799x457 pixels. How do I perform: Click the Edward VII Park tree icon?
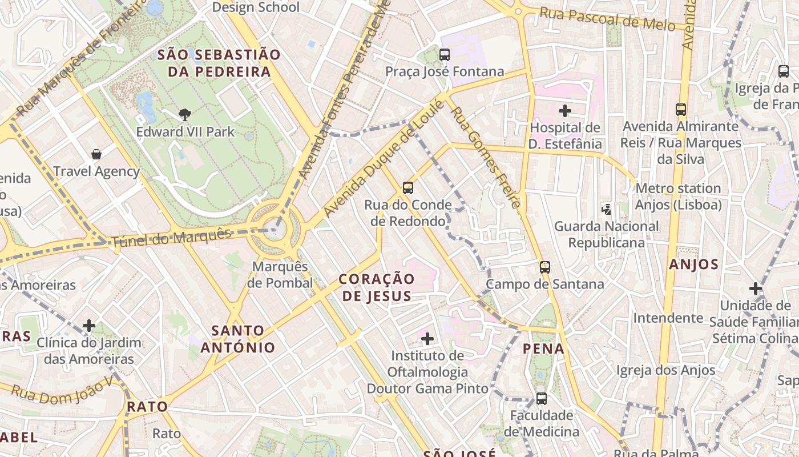[x=184, y=115]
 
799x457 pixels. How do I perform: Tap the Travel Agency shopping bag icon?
[x=96, y=154]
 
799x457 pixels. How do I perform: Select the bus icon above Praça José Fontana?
[x=444, y=55]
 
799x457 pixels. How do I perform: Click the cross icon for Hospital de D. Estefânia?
[x=565, y=111]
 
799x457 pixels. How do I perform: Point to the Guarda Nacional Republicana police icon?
[x=606, y=210]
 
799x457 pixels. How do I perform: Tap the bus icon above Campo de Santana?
[x=545, y=267]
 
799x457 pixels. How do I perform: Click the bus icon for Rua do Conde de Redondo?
[x=407, y=188]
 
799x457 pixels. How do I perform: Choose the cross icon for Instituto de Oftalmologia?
[x=427, y=339]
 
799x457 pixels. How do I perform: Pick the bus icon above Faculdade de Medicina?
[x=541, y=398]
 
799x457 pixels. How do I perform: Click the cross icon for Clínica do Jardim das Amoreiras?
[x=89, y=326]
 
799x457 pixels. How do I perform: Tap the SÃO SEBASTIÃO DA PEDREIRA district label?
[x=219, y=63]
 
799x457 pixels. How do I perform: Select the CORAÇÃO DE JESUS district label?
[x=376, y=287]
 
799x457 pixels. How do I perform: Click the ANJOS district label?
[x=693, y=264]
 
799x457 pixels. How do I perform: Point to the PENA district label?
[x=543, y=348]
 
